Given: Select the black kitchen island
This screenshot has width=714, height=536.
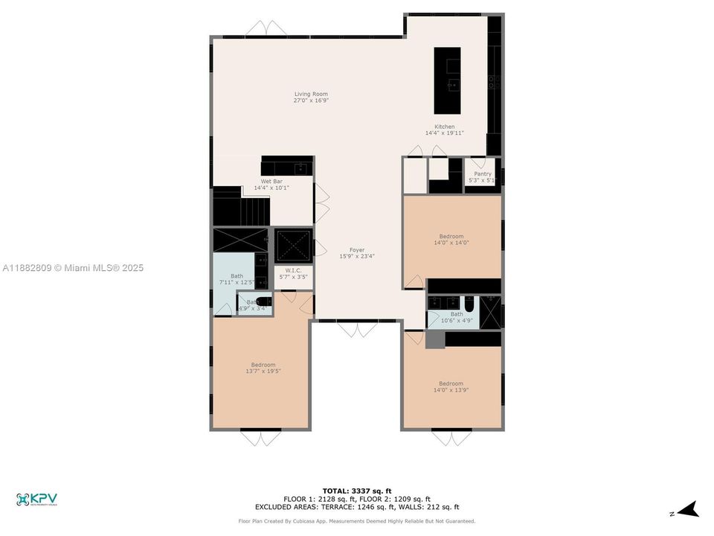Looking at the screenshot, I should (447, 70).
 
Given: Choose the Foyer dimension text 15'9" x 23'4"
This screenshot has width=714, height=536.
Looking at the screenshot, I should (357, 256).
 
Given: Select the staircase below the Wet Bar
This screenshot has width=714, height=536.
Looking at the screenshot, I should (239, 207).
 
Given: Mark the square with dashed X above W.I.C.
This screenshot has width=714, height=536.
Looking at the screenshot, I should (293, 243).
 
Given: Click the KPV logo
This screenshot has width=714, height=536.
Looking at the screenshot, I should (36, 500).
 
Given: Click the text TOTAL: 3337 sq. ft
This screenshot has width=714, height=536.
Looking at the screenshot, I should (356, 491).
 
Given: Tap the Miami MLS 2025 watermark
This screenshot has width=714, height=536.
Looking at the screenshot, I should (73, 268).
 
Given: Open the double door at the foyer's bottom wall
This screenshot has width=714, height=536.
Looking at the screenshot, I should (357, 329).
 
